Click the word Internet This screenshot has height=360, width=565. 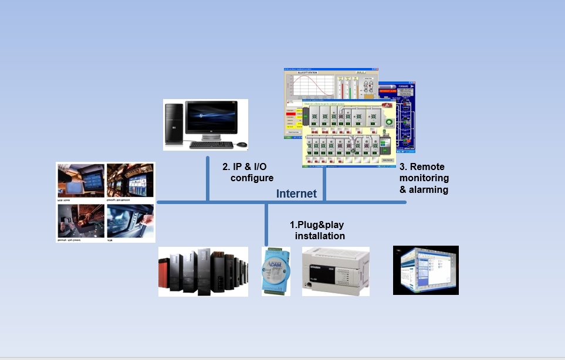[x=296, y=193]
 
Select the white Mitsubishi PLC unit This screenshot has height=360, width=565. [x=336, y=270]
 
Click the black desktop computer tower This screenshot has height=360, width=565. [x=174, y=124]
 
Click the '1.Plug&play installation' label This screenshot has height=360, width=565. [x=317, y=230]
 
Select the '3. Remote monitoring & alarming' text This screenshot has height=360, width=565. [x=424, y=178]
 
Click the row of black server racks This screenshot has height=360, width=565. [x=203, y=271]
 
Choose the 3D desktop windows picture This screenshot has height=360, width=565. [x=425, y=270]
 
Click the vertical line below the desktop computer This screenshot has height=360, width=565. [x=208, y=178]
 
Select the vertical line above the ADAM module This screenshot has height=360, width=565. [x=266, y=225]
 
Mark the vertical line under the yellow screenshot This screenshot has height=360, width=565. [x=323, y=185]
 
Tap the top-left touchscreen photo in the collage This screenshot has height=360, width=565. [x=82, y=181]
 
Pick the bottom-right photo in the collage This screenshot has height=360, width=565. [x=130, y=221]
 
